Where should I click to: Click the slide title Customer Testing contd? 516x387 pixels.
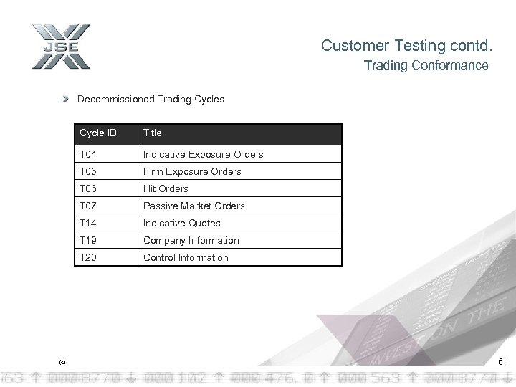click(407, 46)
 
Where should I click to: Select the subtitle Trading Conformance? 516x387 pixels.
click(426, 65)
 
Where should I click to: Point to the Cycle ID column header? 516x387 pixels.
click(98, 133)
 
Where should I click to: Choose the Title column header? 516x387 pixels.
click(153, 133)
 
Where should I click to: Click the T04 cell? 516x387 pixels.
click(88, 154)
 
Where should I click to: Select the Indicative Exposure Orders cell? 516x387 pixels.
click(203, 154)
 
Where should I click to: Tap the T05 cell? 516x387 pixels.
click(88, 171)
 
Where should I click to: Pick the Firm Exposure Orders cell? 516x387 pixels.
click(192, 171)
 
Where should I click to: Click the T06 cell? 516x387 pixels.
click(88, 188)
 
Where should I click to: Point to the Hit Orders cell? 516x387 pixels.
click(166, 188)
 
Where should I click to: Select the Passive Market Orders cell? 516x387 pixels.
click(193, 206)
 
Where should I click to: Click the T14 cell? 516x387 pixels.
click(88, 223)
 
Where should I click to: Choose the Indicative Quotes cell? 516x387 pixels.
click(181, 223)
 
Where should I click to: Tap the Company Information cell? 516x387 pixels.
click(191, 240)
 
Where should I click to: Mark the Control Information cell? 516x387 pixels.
click(186, 257)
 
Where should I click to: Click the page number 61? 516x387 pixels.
click(501, 361)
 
